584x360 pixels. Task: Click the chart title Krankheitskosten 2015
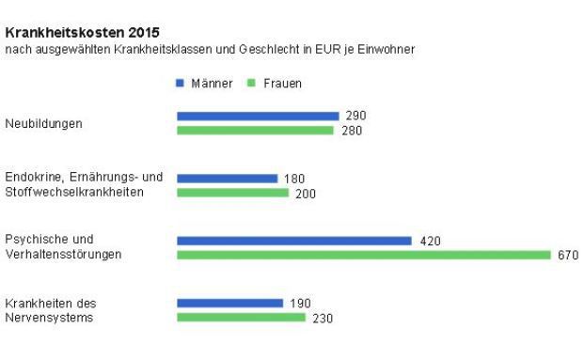point(82,32)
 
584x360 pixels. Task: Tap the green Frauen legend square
point(251,84)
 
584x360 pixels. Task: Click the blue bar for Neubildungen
point(258,116)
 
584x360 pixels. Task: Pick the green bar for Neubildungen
point(255,131)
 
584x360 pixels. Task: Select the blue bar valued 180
point(227,178)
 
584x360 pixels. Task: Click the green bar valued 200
point(232,193)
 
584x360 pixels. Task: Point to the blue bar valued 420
point(293,241)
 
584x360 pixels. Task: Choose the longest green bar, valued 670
point(363,255)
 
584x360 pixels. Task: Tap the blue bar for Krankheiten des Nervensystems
point(229,303)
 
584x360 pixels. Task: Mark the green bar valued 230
point(241,318)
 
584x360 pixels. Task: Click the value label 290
point(355,116)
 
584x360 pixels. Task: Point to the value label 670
point(568,256)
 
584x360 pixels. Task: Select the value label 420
point(430,241)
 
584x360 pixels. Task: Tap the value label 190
point(300,304)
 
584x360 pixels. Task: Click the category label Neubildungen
point(43,123)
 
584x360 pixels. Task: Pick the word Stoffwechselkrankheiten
point(74,193)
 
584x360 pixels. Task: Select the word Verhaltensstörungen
point(63,255)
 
